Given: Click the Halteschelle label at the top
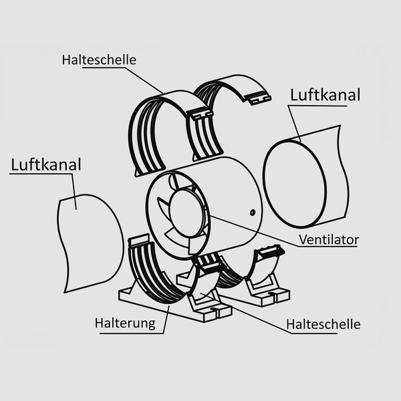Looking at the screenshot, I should tap(99, 60).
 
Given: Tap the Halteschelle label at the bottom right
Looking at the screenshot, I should tap(323, 324).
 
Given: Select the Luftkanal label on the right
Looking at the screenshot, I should tap(325, 94).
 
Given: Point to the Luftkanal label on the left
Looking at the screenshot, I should tap(45, 164).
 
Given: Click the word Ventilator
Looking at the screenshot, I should tap(329, 239).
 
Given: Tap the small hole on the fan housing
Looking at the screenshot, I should tap(252, 213).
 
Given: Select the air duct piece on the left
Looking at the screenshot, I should tap(87, 241).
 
